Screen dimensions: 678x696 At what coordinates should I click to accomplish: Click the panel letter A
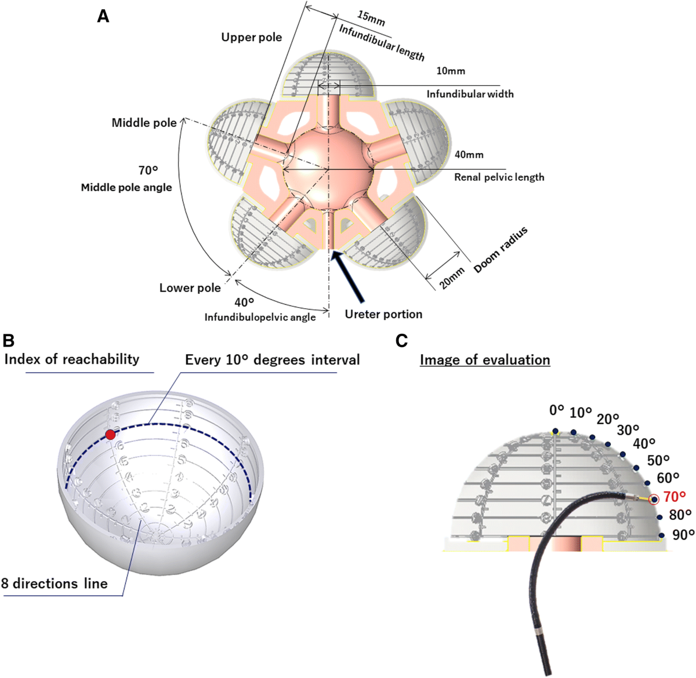pos(103,16)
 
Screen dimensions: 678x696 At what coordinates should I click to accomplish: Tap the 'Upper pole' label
pos(251,37)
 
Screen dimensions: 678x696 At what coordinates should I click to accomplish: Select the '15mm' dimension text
pos(371,18)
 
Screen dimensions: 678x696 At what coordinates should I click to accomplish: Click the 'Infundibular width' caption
pos(470,93)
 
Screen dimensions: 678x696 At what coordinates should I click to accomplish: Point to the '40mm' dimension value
pos(469,155)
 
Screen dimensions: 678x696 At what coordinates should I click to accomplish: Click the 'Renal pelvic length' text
pos(499,177)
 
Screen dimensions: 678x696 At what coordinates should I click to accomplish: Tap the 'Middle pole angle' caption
pos(126,187)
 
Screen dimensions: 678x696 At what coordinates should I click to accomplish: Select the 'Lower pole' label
pos(190,288)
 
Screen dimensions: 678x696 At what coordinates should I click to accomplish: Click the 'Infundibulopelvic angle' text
pos(260,317)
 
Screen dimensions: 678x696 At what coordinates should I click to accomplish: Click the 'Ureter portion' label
pos(383,314)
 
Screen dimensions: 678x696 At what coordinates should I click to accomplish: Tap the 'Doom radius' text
pos(501,250)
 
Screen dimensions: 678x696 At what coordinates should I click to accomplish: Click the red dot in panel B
pos(110,435)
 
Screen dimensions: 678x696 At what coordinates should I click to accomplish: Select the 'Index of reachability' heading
pos(71,359)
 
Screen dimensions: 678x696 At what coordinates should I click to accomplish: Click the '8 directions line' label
pos(55,583)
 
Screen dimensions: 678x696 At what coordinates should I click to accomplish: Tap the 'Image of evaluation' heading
pos(485,360)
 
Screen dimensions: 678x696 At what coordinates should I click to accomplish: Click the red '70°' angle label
pos(675,496)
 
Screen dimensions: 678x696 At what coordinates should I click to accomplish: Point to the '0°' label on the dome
pos(556,410)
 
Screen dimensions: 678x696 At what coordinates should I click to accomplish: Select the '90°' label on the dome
pos(683,534)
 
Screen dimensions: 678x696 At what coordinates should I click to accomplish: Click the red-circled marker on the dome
pos(654,499)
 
